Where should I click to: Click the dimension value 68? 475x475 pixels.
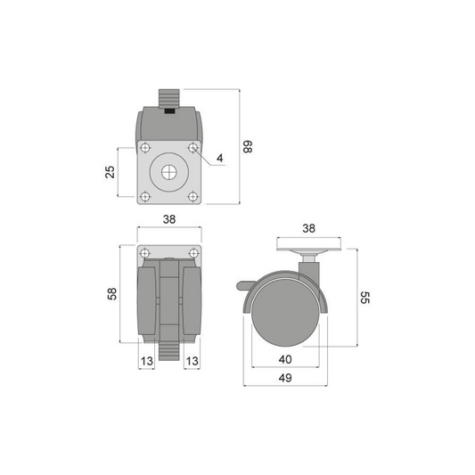click(x=248, y=147)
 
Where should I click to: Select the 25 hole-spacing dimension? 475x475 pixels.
click(x=111, y=172)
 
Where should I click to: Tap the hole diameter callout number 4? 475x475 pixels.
click(x=220, y=158)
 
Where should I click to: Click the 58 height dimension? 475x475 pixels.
click(x=112, y=294)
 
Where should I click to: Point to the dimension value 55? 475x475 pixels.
click(x=365, y=298)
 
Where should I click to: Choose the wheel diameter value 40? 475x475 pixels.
click(x=285, y=359)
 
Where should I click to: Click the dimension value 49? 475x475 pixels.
click(x=285, y=378)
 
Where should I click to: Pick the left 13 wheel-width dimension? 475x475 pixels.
click(x=147, y=361)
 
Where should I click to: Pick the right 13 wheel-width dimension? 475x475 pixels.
click(x=192, y=361)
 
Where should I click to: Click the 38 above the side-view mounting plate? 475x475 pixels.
click(x=308, y=228)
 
